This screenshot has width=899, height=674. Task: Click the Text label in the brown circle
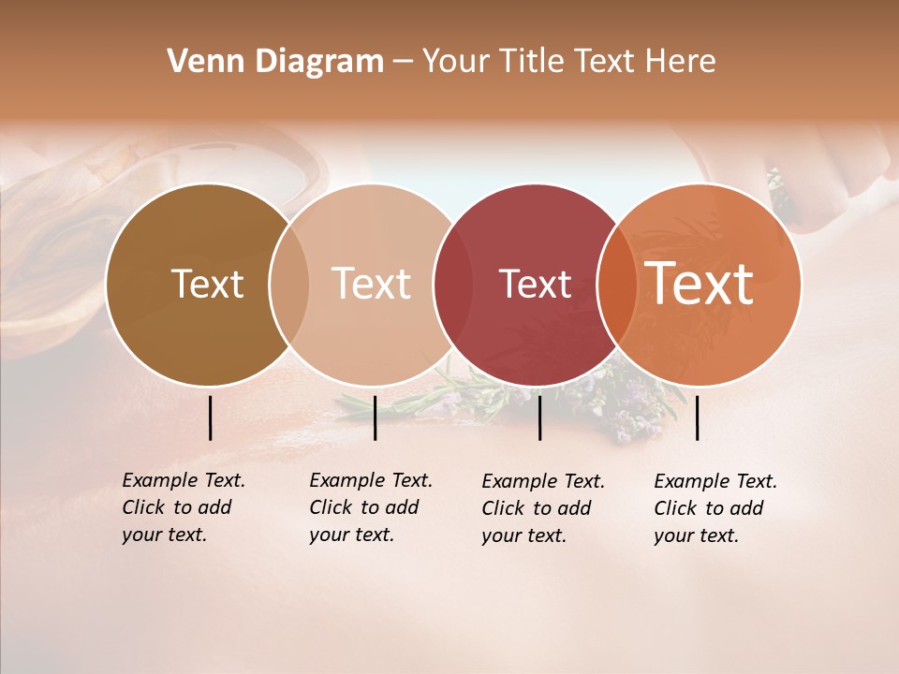tap(207, 284)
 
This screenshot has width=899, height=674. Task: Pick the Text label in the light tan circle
tap(372, 284)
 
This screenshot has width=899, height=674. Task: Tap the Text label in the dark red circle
tap(535, 284)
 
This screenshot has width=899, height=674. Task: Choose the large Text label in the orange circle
tap(700, 283)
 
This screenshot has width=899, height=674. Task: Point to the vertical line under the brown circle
tap(210, 418)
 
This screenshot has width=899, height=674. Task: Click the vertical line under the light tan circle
tap(375, 418)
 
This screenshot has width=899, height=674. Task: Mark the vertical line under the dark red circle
tap(539, 418)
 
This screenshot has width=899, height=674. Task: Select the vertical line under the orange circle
tap(697, 418)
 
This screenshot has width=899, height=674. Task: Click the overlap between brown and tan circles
tap(288, 285)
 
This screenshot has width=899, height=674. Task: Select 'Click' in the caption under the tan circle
tap(331, 507)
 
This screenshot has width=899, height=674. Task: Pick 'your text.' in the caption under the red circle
tap(524, 535)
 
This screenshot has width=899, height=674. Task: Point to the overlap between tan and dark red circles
tap(450, 285)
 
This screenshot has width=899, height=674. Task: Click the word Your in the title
tap(457, 62)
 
